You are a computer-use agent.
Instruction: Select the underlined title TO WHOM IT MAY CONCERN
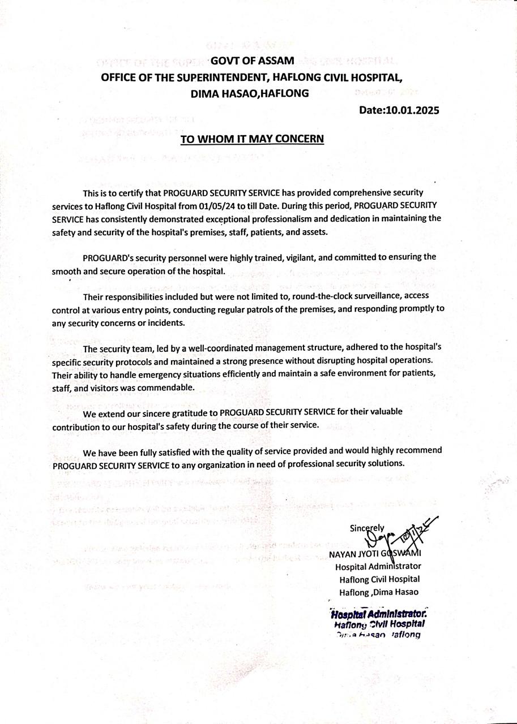252,139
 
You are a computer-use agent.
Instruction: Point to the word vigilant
300,257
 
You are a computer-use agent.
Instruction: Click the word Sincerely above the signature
367,528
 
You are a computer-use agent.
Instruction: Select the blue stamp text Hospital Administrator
378,614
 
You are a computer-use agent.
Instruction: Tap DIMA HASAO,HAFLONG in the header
250,93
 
